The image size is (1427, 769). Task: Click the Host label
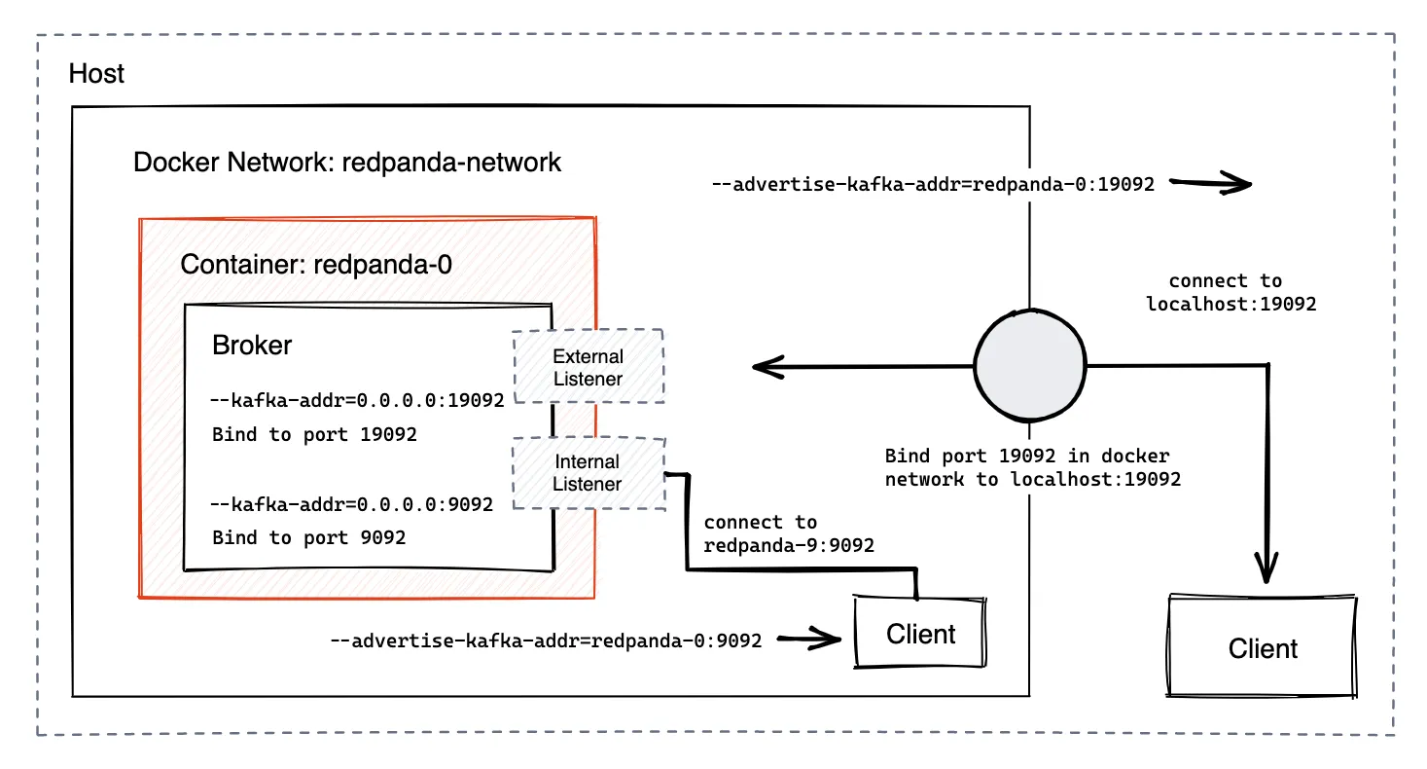[96, 73]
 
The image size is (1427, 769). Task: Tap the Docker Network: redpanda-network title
[347, 162]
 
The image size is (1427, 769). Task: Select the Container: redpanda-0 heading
[316, 264]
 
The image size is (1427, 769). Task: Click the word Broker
[252, 345]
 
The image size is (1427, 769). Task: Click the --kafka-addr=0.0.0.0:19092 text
[357, 400]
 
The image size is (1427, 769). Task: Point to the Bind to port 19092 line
[315, 434]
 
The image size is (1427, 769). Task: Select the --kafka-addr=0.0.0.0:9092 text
[352, 504]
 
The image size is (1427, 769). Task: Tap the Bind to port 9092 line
[309, 537]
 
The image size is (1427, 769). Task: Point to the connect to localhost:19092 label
[1231, 292]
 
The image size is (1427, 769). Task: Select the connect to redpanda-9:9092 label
[789, 533]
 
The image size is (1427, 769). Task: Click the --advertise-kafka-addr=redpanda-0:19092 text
[933, 184]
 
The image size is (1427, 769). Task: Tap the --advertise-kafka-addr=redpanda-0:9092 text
[546, 641]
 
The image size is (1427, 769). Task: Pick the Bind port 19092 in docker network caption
[1033, 467]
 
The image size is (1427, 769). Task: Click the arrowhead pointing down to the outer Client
[1266, 567]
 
